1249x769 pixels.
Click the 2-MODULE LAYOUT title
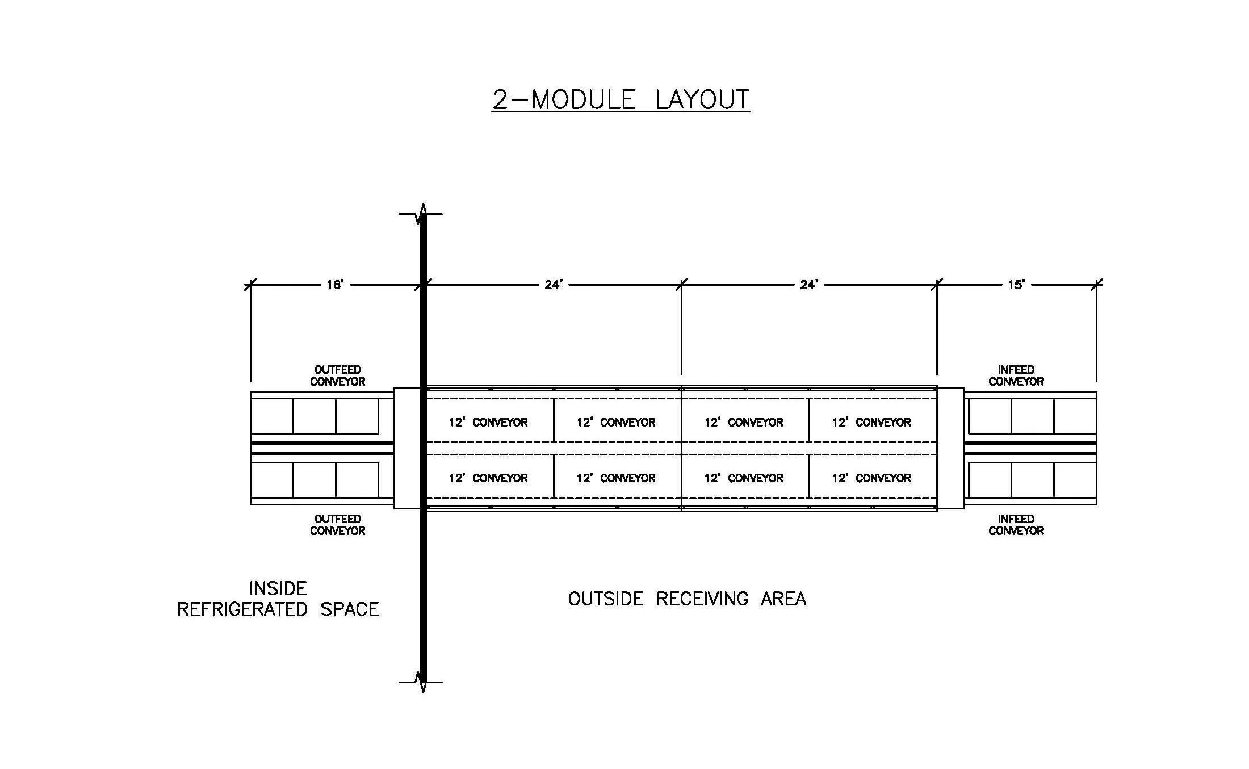click(621, 99)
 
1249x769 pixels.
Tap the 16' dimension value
click(335, 285)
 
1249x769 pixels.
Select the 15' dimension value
click(1016, 285)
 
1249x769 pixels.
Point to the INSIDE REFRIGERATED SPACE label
click(278, 599)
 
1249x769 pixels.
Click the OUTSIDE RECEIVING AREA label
click(687, 599)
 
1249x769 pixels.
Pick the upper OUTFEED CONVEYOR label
click(337, 375)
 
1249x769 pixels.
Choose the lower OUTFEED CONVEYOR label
click(337, 525)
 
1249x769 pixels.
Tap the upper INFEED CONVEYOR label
click(1016, 375)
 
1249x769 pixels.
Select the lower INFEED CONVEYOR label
click(1016, 525)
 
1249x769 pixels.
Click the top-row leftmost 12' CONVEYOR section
click(488, 422)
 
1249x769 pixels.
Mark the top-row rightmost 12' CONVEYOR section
click(871, 422)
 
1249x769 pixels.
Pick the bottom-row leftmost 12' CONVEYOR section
click(488, 478)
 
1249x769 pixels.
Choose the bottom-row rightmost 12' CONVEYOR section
click(871, 478)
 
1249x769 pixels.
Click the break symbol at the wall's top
click(422, 214)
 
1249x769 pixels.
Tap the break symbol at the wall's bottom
click(422, 682)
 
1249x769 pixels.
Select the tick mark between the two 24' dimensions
click(681, 285)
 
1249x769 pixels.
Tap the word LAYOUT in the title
click(702, 99)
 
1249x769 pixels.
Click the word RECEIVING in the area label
click(702, 599)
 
